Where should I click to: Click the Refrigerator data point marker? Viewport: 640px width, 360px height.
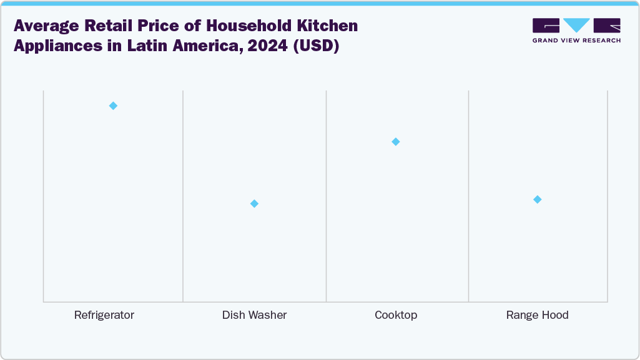pyautogui.click(x=113, y=105)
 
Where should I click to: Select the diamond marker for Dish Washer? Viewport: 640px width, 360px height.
pyautogui.click(x=254, y=203)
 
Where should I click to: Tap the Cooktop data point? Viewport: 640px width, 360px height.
pyautogui.click(x=395, y=142)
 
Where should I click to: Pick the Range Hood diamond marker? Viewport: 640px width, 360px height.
pyautogui.click(x=537, y=199)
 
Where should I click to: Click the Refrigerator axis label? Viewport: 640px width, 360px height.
pyautogui.click(x=104, y=315)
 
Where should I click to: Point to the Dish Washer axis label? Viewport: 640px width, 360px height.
pyautogui.click(x=254, y=315)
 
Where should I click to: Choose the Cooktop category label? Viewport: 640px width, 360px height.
pyautogui.click(x=396, y=315)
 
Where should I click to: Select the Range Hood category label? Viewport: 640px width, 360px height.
pyautogui.click(x=537, y=315)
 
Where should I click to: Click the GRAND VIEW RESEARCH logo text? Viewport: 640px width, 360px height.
pyautogui.click(x=576, y=41)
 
